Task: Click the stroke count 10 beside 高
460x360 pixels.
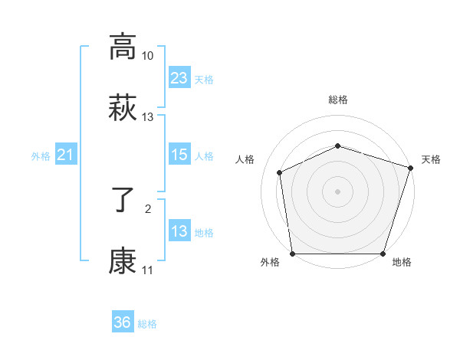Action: (148, 56)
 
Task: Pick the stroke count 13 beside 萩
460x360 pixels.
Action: (148, 117)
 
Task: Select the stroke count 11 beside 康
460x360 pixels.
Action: (148, 270)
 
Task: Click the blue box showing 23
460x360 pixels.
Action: (179, 78)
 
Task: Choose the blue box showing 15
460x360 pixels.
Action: (179, 155)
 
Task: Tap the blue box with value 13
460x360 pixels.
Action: (179, 231)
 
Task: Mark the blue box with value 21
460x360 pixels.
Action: (66, 155)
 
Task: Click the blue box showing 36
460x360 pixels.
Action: (123, 322)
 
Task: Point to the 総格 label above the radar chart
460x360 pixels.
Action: (338, 100)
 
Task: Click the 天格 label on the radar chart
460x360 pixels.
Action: (431, 159)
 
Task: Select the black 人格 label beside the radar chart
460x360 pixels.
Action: (245, 159)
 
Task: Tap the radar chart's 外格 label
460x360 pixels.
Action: (270, 263)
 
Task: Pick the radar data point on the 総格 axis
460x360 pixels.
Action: (338, 146)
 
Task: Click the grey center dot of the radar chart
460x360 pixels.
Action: (338, 191)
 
